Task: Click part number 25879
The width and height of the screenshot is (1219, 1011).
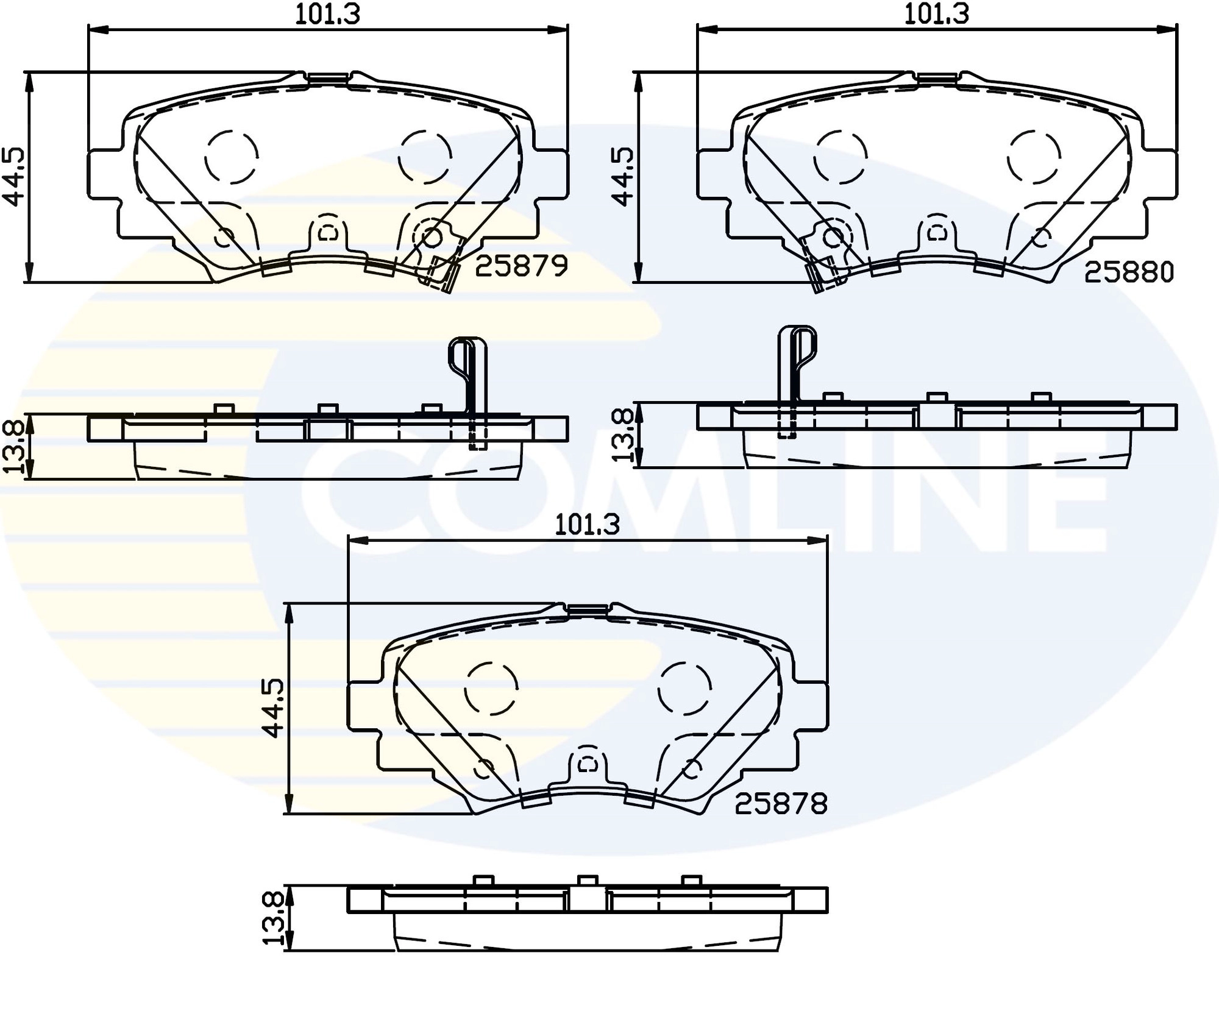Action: point(521,266)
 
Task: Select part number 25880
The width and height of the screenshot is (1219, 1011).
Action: point(1129,272)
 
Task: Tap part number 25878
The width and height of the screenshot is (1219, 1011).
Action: point(781,804)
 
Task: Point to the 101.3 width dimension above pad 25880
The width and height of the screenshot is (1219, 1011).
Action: point(936,13)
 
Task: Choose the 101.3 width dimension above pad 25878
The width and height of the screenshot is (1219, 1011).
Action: point(587,525)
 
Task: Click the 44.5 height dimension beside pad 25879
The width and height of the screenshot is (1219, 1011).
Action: point(13,177)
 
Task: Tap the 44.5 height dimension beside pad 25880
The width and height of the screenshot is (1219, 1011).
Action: point(622,177)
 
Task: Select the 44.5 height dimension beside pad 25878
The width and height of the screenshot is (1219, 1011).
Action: point(273,708)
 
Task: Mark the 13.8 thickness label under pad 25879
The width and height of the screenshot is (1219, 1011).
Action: point(13,448)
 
